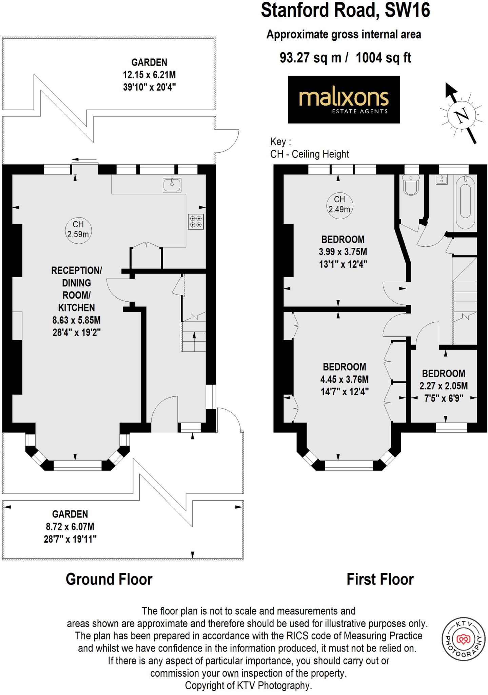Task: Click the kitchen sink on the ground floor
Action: pyautogui.click(x=172, y=185)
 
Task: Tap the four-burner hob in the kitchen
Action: pyautogui.click(x=196, y=222)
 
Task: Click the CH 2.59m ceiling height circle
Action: pyautogui.click(x=78, y=229)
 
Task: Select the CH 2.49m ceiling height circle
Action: pyautogui.click(x=339, y=204)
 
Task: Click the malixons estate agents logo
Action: pyautogui.click(x=344, y=99)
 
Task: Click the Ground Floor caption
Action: pyautogui.click(x=109, y=580)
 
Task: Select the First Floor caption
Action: pyautogui.click(x=380, y=580)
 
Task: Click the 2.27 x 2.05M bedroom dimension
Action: pyautogui.click(x=443, y=386)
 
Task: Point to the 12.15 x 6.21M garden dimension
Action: pyautogui.click(x=149, y=75)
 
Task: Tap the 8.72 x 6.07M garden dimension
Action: pyautogui.click(x=70, y=527)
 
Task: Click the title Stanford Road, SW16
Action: pyautogui.click(x=345, y=10)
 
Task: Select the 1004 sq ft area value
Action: pyautogui.click(x=383, y=58)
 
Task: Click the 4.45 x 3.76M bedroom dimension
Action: pyautogui.click(x=344, y=379)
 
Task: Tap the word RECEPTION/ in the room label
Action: pyautogui.click(x=76, y=270)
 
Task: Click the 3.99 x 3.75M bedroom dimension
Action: pyautogui.click(x=343, y=252)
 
